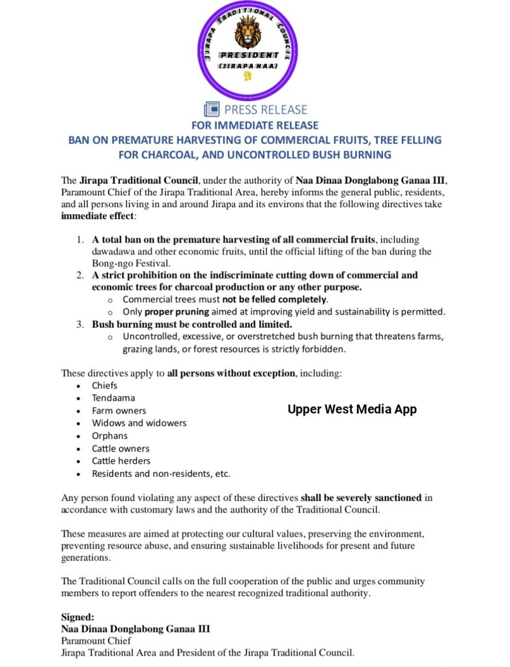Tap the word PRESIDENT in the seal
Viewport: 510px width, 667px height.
[x=249, y=55]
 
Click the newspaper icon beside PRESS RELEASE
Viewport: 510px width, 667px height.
[x=212, y=109]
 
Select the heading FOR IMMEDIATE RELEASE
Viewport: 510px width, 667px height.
[x=255, y=124]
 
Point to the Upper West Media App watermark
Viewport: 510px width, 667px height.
[x=352, y=409]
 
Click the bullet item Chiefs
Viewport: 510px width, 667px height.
[x=104, y=385]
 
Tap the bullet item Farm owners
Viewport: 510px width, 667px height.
[x=119, y=410]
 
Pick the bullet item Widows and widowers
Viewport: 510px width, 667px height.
[x=139, y=423]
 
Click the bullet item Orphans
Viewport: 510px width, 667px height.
[x=109, y=436]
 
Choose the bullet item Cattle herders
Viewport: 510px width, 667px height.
[x=122, y=461]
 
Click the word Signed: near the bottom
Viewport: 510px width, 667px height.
[x=78, y=616]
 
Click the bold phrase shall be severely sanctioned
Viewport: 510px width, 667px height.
[x=361, y=498]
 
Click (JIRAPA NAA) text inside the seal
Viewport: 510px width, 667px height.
[x=248, y=66]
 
